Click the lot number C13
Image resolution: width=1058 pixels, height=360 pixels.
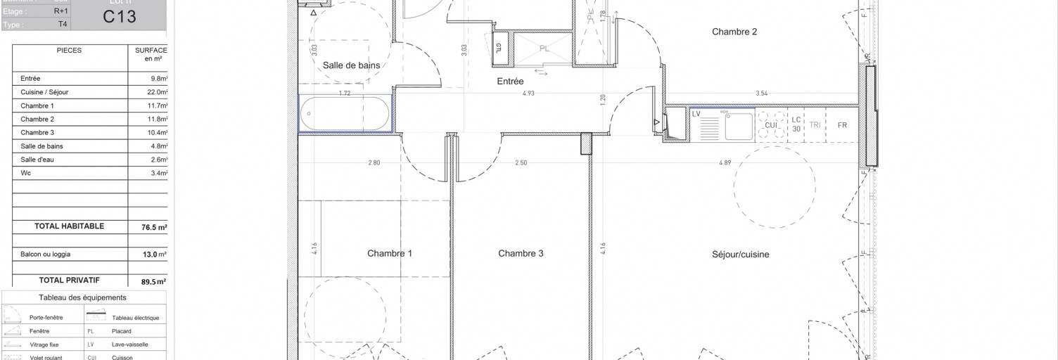coord(118,18)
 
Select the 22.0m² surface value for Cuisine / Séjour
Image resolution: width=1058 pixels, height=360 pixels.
coord(157,92)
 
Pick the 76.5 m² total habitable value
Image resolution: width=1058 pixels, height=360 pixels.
coord(151,227)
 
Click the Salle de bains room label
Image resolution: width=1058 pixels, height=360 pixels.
coord(351,65)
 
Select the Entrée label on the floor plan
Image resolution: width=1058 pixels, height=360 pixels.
coord(511,82)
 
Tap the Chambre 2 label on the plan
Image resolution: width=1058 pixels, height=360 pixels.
coord(734,32)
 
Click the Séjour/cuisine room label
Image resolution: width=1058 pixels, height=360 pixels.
coord(740,255)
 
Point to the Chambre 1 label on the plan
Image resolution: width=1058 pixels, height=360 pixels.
coord(390,254)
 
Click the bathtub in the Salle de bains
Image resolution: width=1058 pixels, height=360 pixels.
coord(345,113)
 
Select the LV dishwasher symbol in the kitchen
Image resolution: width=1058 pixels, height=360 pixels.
coord(696,114)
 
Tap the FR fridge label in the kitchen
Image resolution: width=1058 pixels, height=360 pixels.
coord(841,125)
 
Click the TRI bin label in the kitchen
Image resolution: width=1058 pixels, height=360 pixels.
coord(815,125)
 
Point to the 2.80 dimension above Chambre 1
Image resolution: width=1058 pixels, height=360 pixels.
coord(374,163)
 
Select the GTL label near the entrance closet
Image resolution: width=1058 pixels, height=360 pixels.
coord(499,48)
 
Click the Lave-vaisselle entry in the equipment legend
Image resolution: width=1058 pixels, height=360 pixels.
coord(127,345)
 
